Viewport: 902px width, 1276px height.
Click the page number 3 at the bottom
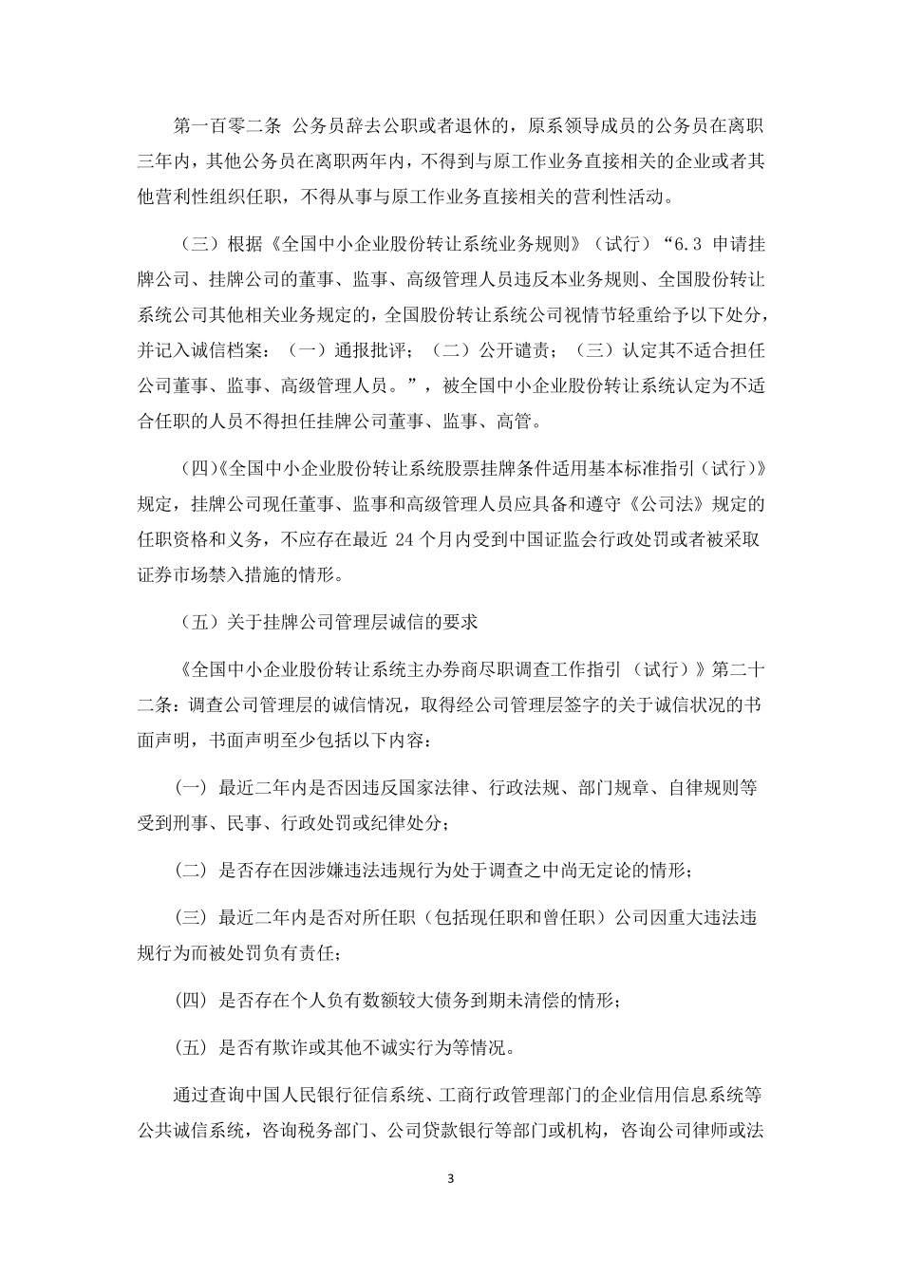451,1180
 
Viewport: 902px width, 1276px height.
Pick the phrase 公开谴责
514,350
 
